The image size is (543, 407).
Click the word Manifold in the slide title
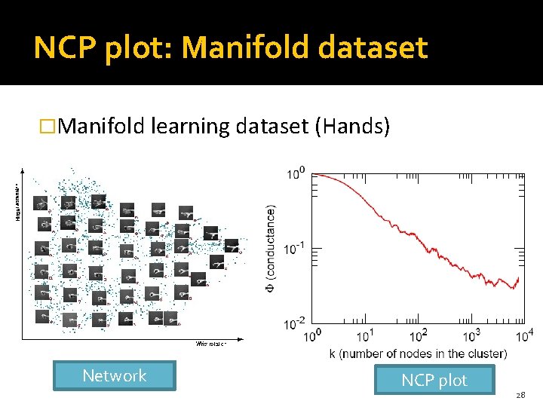[240, 49]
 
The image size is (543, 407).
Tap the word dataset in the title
[373, 49]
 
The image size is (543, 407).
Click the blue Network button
[114, 376]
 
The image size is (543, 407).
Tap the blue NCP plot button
[434, 381]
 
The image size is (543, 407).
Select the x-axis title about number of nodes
[417, 353]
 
